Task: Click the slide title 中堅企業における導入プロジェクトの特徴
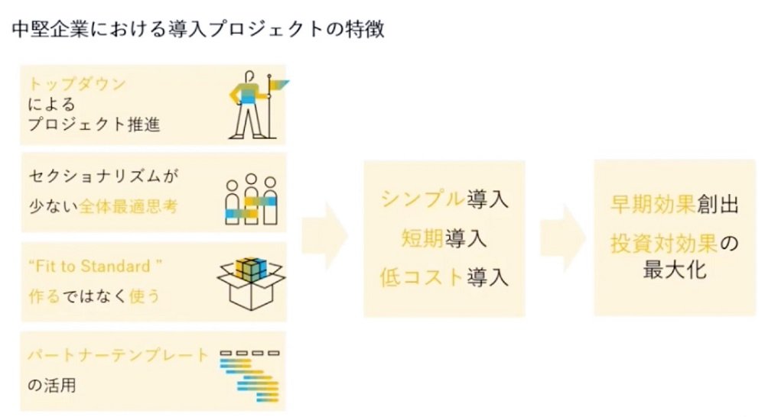(x=197, y=29)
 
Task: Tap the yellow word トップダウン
(x=76, y=84)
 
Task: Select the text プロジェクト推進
(x=93, y=124)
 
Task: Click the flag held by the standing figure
(x=280, y=86)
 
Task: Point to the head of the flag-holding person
(x=250, y=77)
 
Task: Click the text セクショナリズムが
(x=103, y=176)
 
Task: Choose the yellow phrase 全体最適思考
(x=129, y=206)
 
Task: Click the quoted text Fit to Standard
(x=95, y=267)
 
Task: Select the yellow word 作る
(x=44, y=296)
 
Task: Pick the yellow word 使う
(x=145, y=296)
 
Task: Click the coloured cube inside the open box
(x=251, y=270)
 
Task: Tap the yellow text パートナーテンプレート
(x=118, y=355)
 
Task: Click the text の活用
(x=52, y=386)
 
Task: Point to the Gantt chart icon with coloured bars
(x=250, y=376)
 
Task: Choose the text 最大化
(x=675, y=270)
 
